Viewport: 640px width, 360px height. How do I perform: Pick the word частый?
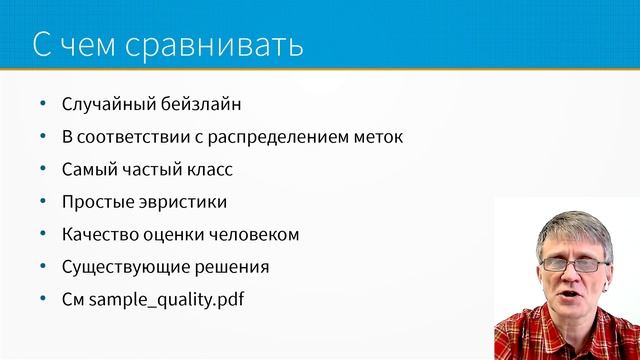point(150,169)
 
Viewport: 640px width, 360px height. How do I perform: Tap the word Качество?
point(96,235)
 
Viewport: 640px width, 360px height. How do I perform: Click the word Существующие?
point(116,268)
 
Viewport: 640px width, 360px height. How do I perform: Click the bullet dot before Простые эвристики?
point(41,202)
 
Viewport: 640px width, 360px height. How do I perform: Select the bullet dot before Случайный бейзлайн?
point(41,103)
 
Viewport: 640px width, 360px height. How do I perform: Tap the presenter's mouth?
point(577,297)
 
